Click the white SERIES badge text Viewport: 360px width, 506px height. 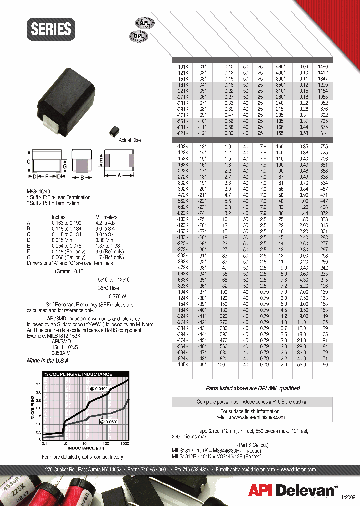pyautogui.click(x=51, y=29)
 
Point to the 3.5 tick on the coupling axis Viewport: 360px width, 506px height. pyautogui.click(x=53, y=384)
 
